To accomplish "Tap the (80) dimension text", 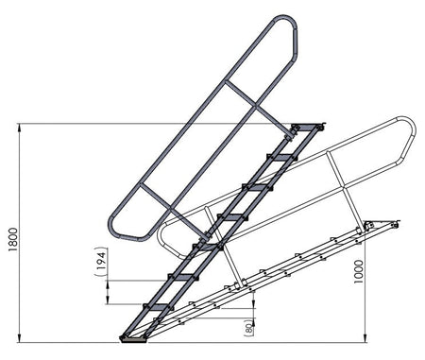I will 248,327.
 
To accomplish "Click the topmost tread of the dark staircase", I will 307,129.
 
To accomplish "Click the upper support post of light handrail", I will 344,188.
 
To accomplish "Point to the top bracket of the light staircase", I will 382,226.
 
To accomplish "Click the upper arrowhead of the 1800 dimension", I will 20,127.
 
